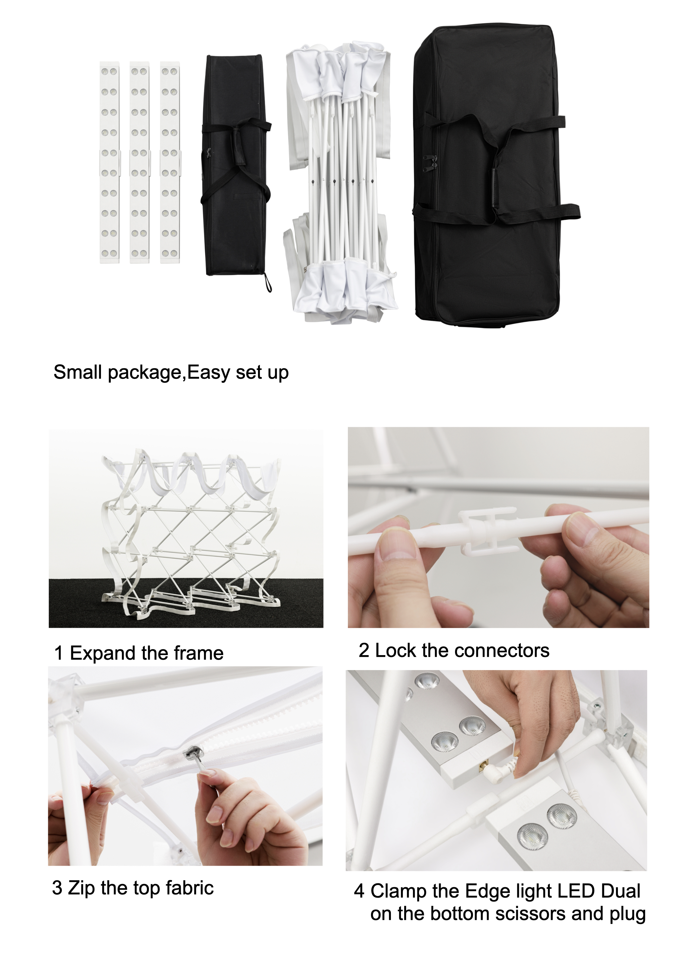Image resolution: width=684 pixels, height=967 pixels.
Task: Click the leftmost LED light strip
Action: pos(109,162)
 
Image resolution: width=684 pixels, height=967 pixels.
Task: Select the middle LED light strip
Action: pos(139,162)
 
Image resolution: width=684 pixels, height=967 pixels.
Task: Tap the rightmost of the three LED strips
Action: pos(170,162)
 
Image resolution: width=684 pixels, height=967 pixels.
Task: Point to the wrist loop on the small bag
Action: pos(268,283)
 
